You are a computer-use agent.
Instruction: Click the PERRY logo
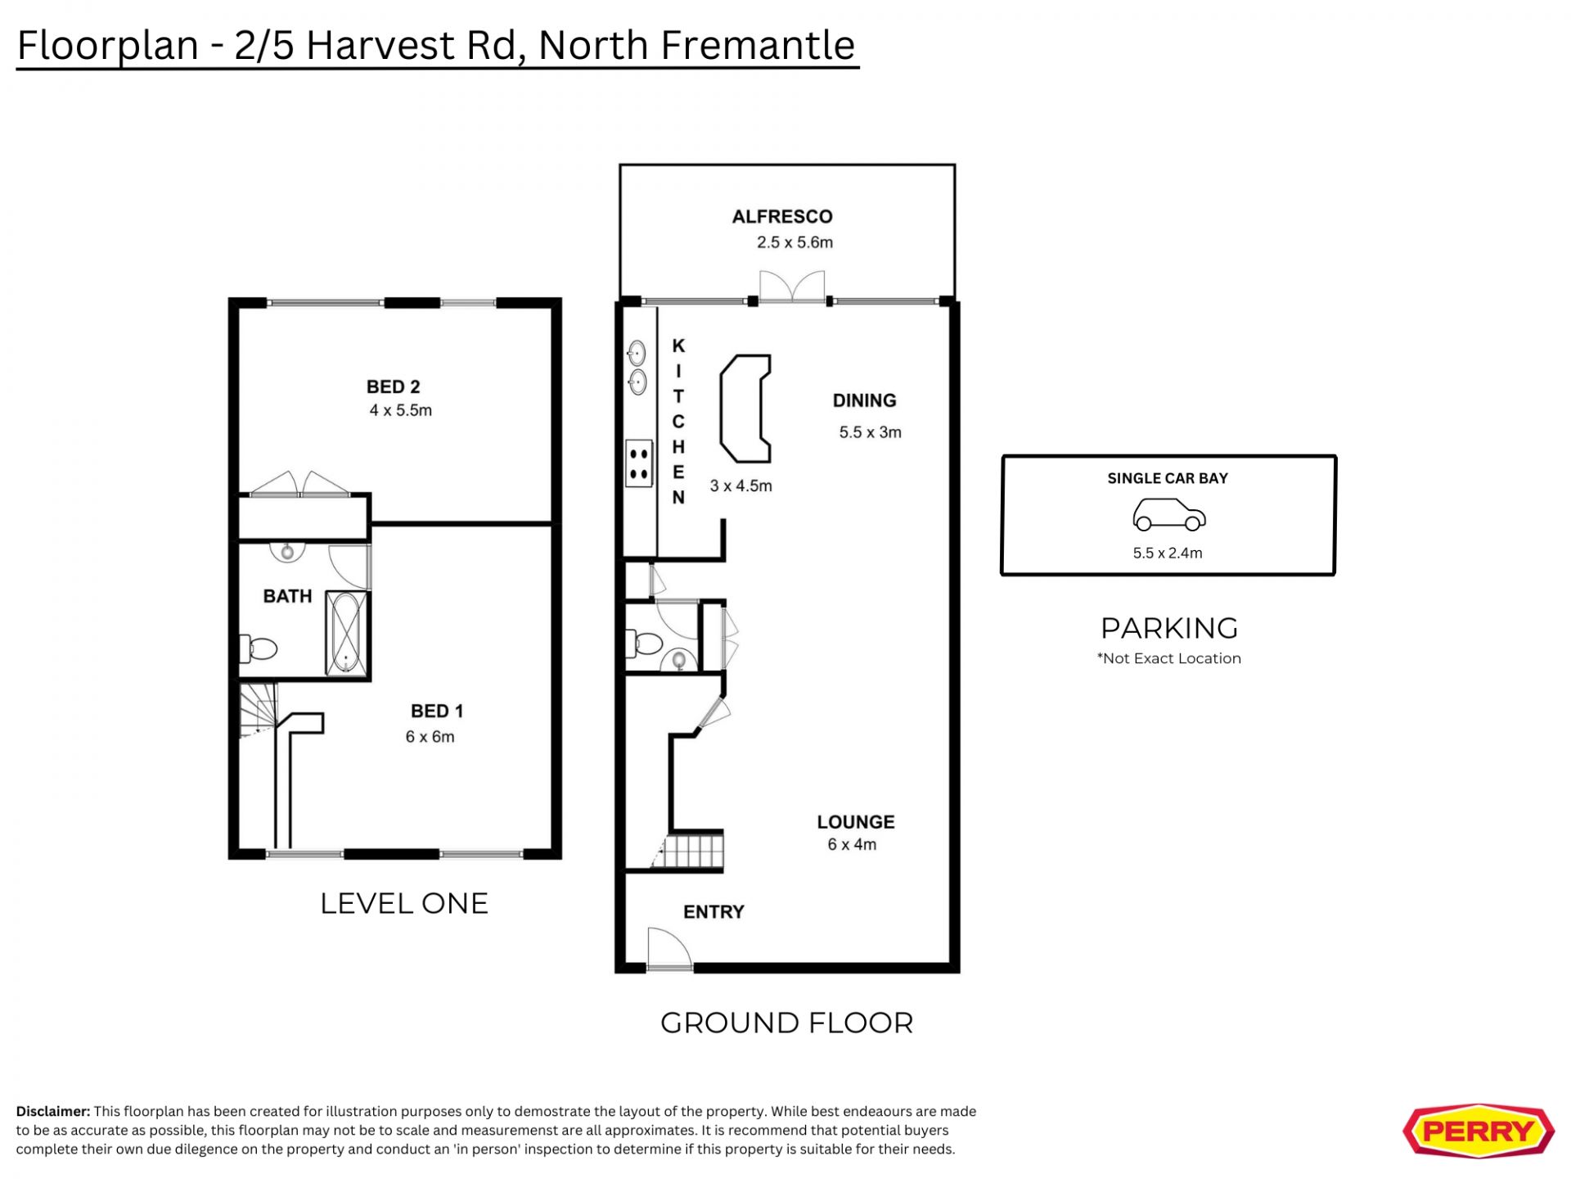click(x=1479, y=1132)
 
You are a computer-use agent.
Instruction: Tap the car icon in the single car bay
click(x=1168, y=515)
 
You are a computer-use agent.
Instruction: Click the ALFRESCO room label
click(x=782, y=217)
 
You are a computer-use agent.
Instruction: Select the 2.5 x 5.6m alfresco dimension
click(x=795, y=242)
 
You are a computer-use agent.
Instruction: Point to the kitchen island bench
click(x=745, y=409)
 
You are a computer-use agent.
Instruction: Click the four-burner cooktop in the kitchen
click(x=639, y=463)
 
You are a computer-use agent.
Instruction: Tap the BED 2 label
click(x=393, y=386)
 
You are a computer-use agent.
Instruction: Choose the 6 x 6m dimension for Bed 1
click(x=430, y=737)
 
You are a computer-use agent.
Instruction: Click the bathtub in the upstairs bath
click(x=346, y=633)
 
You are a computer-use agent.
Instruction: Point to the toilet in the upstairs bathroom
click(x=258, y=648)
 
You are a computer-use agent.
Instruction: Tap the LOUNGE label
click(x=855, y=822)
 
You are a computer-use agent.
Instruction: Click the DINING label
click(x=864, y=400)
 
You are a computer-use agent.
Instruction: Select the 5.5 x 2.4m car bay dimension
click(x=1168, y=553)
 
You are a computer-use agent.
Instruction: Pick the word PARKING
click(x=1169, y=628)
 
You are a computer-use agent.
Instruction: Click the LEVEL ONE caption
click(x=404, y=903)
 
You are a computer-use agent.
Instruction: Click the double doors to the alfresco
click(x=792, y=287)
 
